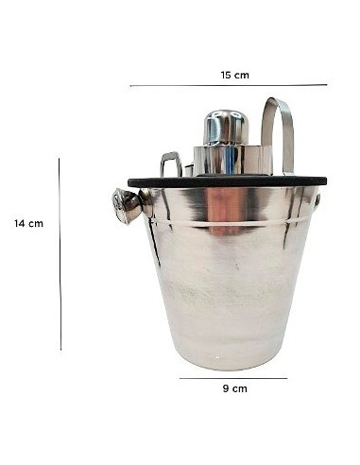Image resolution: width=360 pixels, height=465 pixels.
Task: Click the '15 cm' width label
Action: point(234,75)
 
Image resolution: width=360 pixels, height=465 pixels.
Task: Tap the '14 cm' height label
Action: point(28,224)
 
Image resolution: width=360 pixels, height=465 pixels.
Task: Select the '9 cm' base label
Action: point(233,388)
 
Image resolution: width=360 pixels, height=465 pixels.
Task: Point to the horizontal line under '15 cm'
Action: point(228,86)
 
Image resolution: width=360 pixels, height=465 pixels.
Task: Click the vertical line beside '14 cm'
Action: point(60,253)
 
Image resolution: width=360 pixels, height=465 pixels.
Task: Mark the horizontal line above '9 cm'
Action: point(232,379)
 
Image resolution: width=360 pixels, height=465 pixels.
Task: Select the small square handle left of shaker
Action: point(171,164)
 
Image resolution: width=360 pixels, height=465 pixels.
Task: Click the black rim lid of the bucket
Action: point(227,181)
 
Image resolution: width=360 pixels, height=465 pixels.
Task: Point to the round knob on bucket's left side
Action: point(125,205)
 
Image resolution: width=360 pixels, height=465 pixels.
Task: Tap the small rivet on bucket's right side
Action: point(317,200)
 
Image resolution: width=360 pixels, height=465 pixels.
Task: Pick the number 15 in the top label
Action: point(227,75)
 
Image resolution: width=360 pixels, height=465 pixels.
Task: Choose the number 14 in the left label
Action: point(20,224)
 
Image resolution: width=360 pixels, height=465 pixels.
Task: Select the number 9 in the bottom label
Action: point(225,388)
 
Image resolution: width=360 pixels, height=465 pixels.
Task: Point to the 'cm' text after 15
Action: point(242,75)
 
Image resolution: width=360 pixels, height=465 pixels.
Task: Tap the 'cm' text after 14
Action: point(36,224)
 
